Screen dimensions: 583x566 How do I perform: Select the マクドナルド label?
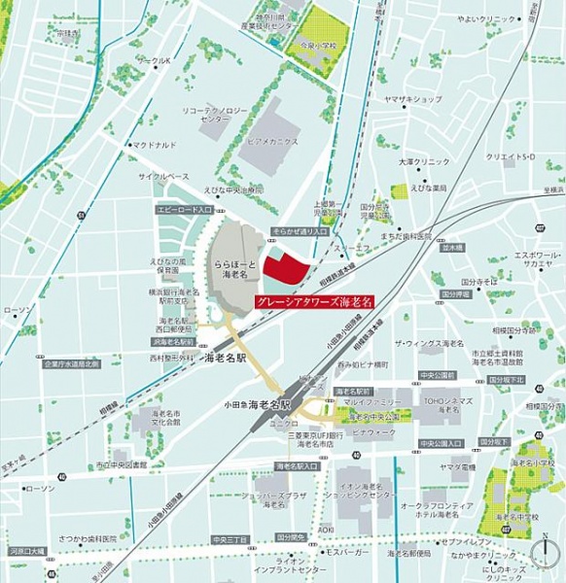point(155,145)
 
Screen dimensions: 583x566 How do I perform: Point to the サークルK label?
point(153,61)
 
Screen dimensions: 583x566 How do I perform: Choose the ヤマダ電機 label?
point(454,467)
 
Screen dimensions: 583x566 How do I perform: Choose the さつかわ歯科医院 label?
point(86,538)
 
